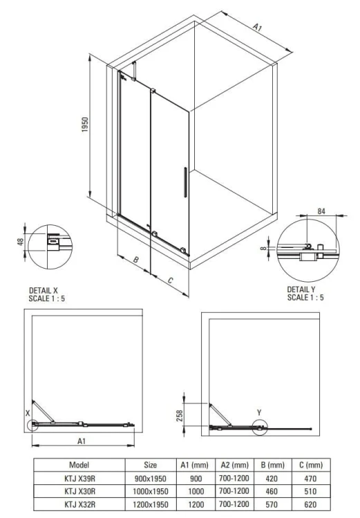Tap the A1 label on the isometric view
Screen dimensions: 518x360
click(257, 28)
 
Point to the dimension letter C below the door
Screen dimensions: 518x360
click(170, 280)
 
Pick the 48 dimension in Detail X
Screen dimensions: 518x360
click(21, 242)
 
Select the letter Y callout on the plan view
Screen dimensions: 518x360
click(259, 412)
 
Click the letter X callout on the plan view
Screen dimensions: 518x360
click(28, 412)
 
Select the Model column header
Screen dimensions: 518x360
click(79, 466)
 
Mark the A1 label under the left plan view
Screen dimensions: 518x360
click(81, 441)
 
